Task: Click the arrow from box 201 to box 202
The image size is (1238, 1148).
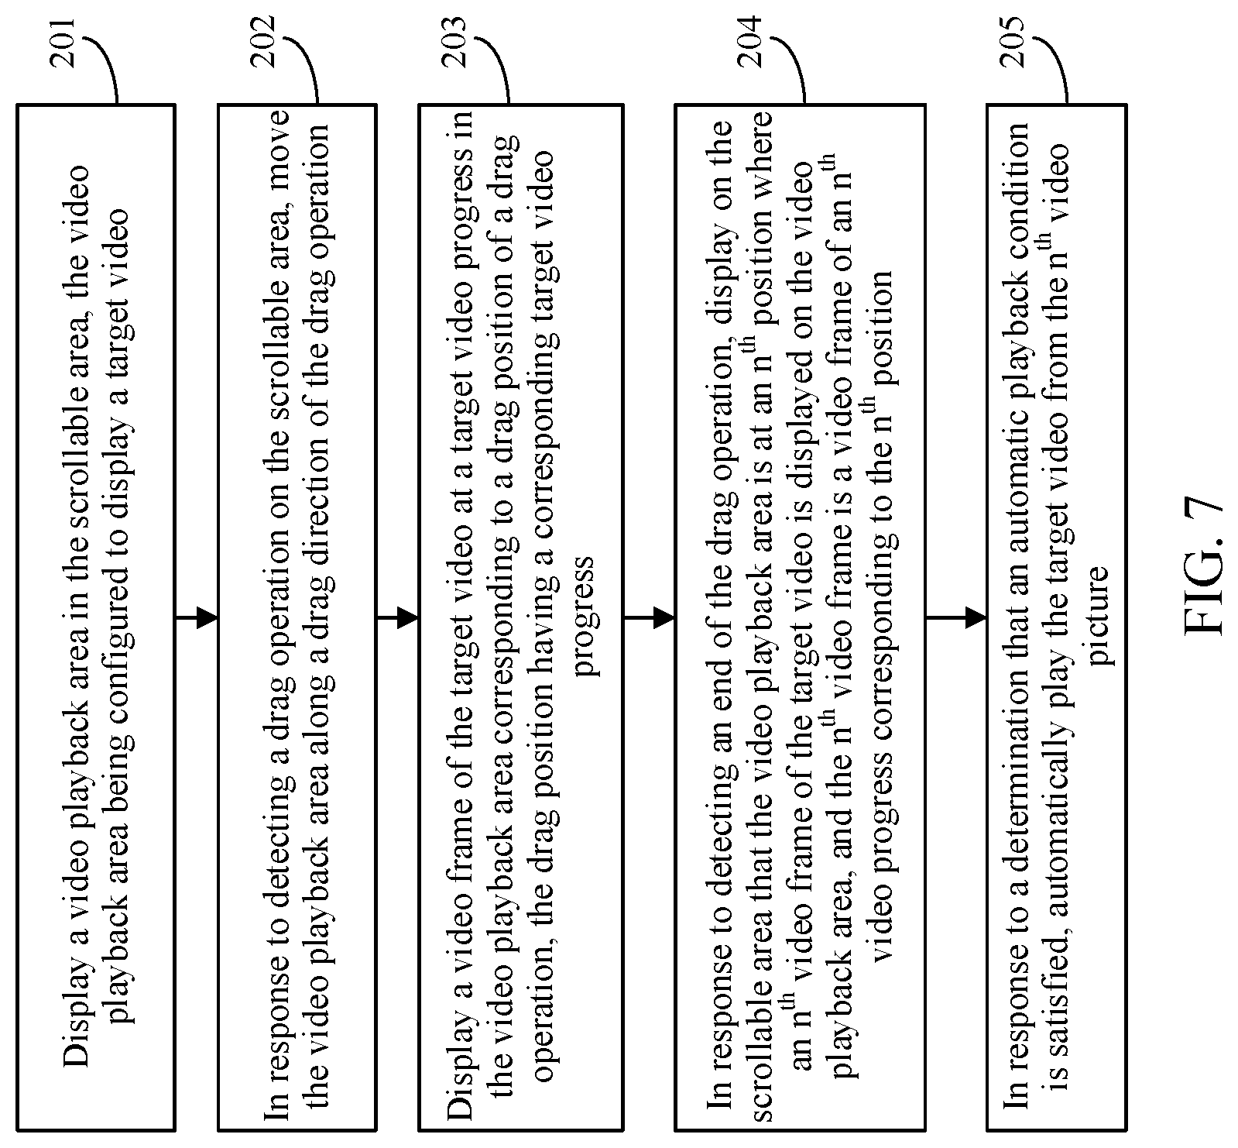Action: tap(197, 617)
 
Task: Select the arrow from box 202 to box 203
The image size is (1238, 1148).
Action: tap(397, 617)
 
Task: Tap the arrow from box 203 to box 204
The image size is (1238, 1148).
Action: tap(649, 617)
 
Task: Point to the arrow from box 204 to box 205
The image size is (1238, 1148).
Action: tap(956, 617)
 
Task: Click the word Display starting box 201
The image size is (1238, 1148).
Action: tap(77, 1008)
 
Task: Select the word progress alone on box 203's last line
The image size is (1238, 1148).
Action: tap(588, 616)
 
